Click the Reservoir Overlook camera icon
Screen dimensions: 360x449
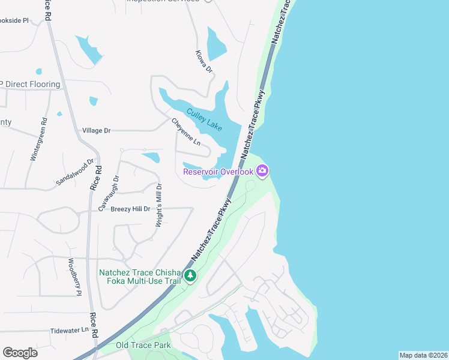[262, 172]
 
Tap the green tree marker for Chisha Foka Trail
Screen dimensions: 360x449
[190, 275]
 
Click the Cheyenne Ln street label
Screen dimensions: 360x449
[186, 132]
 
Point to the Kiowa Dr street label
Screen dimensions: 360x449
[205, 61]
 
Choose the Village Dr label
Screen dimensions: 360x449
[97, 130]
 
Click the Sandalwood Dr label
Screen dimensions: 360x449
[76, 172]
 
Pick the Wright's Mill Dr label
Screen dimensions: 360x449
[159, 204]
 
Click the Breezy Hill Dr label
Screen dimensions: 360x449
[130, 209]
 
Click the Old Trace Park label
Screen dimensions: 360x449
[143, 345]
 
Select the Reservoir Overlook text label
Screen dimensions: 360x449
[218, 172]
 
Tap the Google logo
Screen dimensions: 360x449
[20, 353]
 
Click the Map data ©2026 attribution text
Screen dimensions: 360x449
[423, 355]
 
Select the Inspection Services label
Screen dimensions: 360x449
[162, 1]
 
